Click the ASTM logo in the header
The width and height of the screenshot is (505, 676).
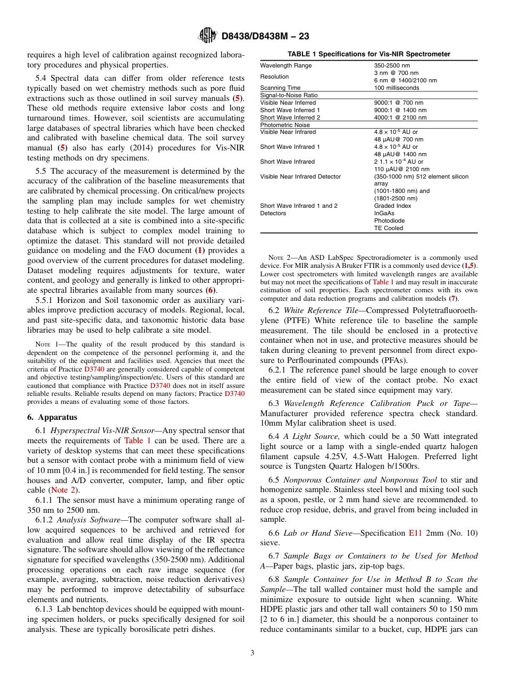(207, 36)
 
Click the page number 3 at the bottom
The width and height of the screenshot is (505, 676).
(252, 653)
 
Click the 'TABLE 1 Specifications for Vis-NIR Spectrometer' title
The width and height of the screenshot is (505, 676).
(369, 54)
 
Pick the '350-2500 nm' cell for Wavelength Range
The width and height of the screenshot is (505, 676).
(393, 65)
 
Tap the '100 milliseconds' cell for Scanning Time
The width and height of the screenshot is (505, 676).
(397, 88)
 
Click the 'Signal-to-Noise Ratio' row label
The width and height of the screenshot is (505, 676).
(289, 95)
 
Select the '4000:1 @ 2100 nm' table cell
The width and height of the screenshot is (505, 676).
(400, 117)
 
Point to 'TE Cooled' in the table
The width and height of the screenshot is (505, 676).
(389, 228)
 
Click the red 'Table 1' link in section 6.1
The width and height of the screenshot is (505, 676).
(137, 441)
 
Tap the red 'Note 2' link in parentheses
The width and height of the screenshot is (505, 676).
(62, 489)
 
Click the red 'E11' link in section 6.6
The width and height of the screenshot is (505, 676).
(415, 533)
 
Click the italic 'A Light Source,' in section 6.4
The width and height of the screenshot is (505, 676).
(313, 436)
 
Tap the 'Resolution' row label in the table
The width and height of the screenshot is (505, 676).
(274, 77)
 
